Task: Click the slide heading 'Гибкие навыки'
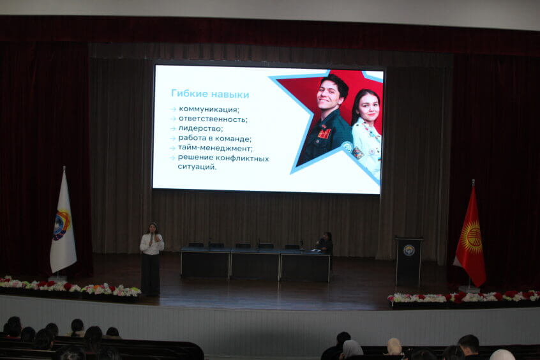[x=210, y=94]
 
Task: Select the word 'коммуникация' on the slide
[x=208, y=110]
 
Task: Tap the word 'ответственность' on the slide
[x=212, y=119]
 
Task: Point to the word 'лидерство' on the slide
[x=200, y=129]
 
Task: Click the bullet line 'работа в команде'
[x=214, y=139]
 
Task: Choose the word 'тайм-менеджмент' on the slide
[x=214, y=149]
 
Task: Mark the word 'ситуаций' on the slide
[x=197, y=167]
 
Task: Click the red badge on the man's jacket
[x=324, y=133]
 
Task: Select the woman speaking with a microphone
[x=151, y=259]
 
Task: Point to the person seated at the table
[x=325, y=242]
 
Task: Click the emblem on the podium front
[x=409, y=250]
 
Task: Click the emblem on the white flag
[x=61, y=225]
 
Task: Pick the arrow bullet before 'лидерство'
[x=173, y=129]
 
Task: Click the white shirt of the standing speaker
[x=151, y=244]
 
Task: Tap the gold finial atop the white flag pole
[x=64, y=169]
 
